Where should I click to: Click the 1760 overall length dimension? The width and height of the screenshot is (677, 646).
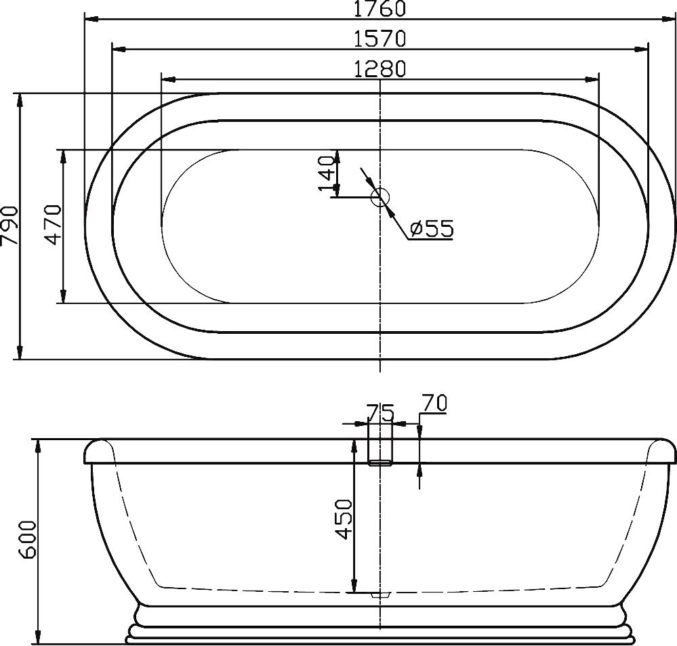pyautogui.click(x=380, y=8)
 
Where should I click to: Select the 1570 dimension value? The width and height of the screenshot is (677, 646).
pyautogui.click(x=380, y=39)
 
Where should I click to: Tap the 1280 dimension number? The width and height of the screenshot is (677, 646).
pyautogui.click(x=380, y=69)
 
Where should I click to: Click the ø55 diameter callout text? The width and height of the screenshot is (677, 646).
pyautogui.click(x=432, y=229)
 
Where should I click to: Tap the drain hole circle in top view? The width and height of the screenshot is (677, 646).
pyautogui.click(x=380, y=197)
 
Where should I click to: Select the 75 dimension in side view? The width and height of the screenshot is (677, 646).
pyautogui.click(x=380, y=412)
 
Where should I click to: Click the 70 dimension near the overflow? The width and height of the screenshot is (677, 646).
pyautogui.click(x=433, y=404)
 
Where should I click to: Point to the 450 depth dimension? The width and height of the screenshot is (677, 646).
pyautogui.click(x=344, y=519)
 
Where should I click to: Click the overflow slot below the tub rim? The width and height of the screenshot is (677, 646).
pyautogui.click(x=380, y=462)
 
